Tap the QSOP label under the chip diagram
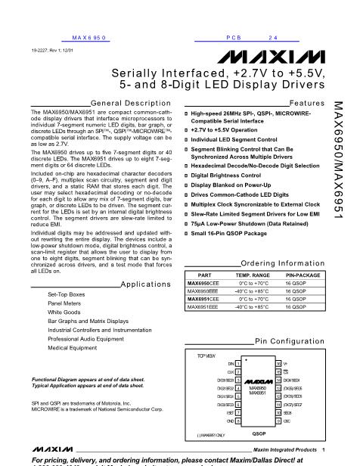click(x=259, y=433)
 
